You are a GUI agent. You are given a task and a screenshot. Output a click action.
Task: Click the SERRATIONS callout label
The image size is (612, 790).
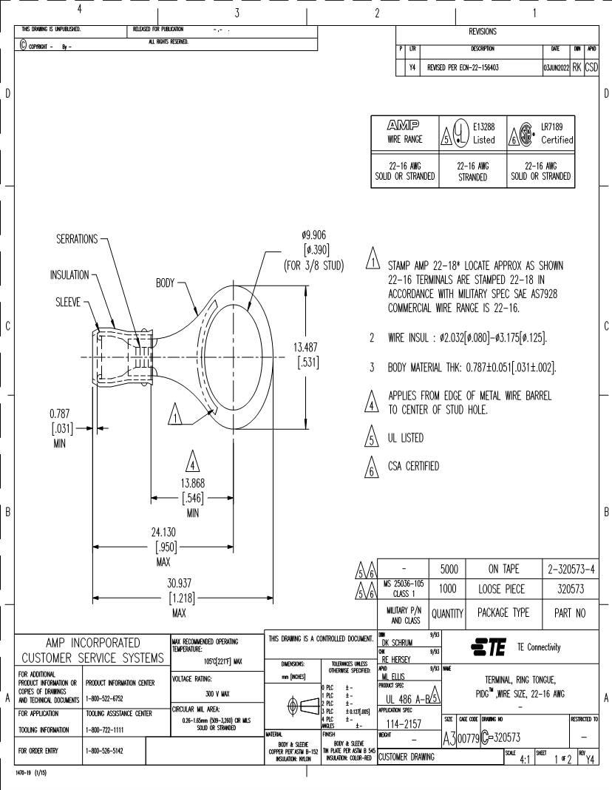click(77, 239)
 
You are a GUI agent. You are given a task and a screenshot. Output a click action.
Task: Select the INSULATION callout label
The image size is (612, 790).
click(69, 275)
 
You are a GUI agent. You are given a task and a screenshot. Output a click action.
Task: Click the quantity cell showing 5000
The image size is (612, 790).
click(447, 569)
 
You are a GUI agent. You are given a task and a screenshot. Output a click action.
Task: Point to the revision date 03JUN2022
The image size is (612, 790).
click(554, 67)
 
